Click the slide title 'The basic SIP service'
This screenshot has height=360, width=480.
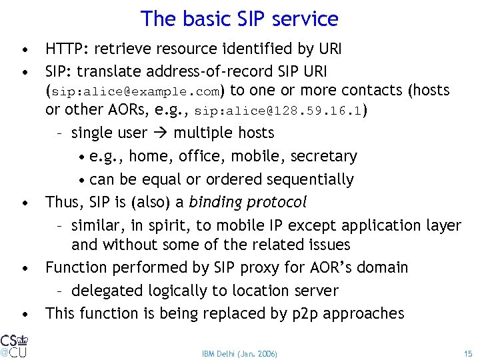pyautogui.click(x=239, y=19)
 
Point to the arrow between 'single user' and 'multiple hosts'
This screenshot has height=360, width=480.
pyautogui.click(x=160, y=133)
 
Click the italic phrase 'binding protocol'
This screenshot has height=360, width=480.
pyautogui.click(x=248, y=202)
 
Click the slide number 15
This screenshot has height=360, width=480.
pyautogui.click(x=467, y=353)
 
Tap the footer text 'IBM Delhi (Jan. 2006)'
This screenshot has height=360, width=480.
pyautogui.click(x=239, y=353)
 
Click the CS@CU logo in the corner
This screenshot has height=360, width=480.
pyautogui.click(x=14, y=344)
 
